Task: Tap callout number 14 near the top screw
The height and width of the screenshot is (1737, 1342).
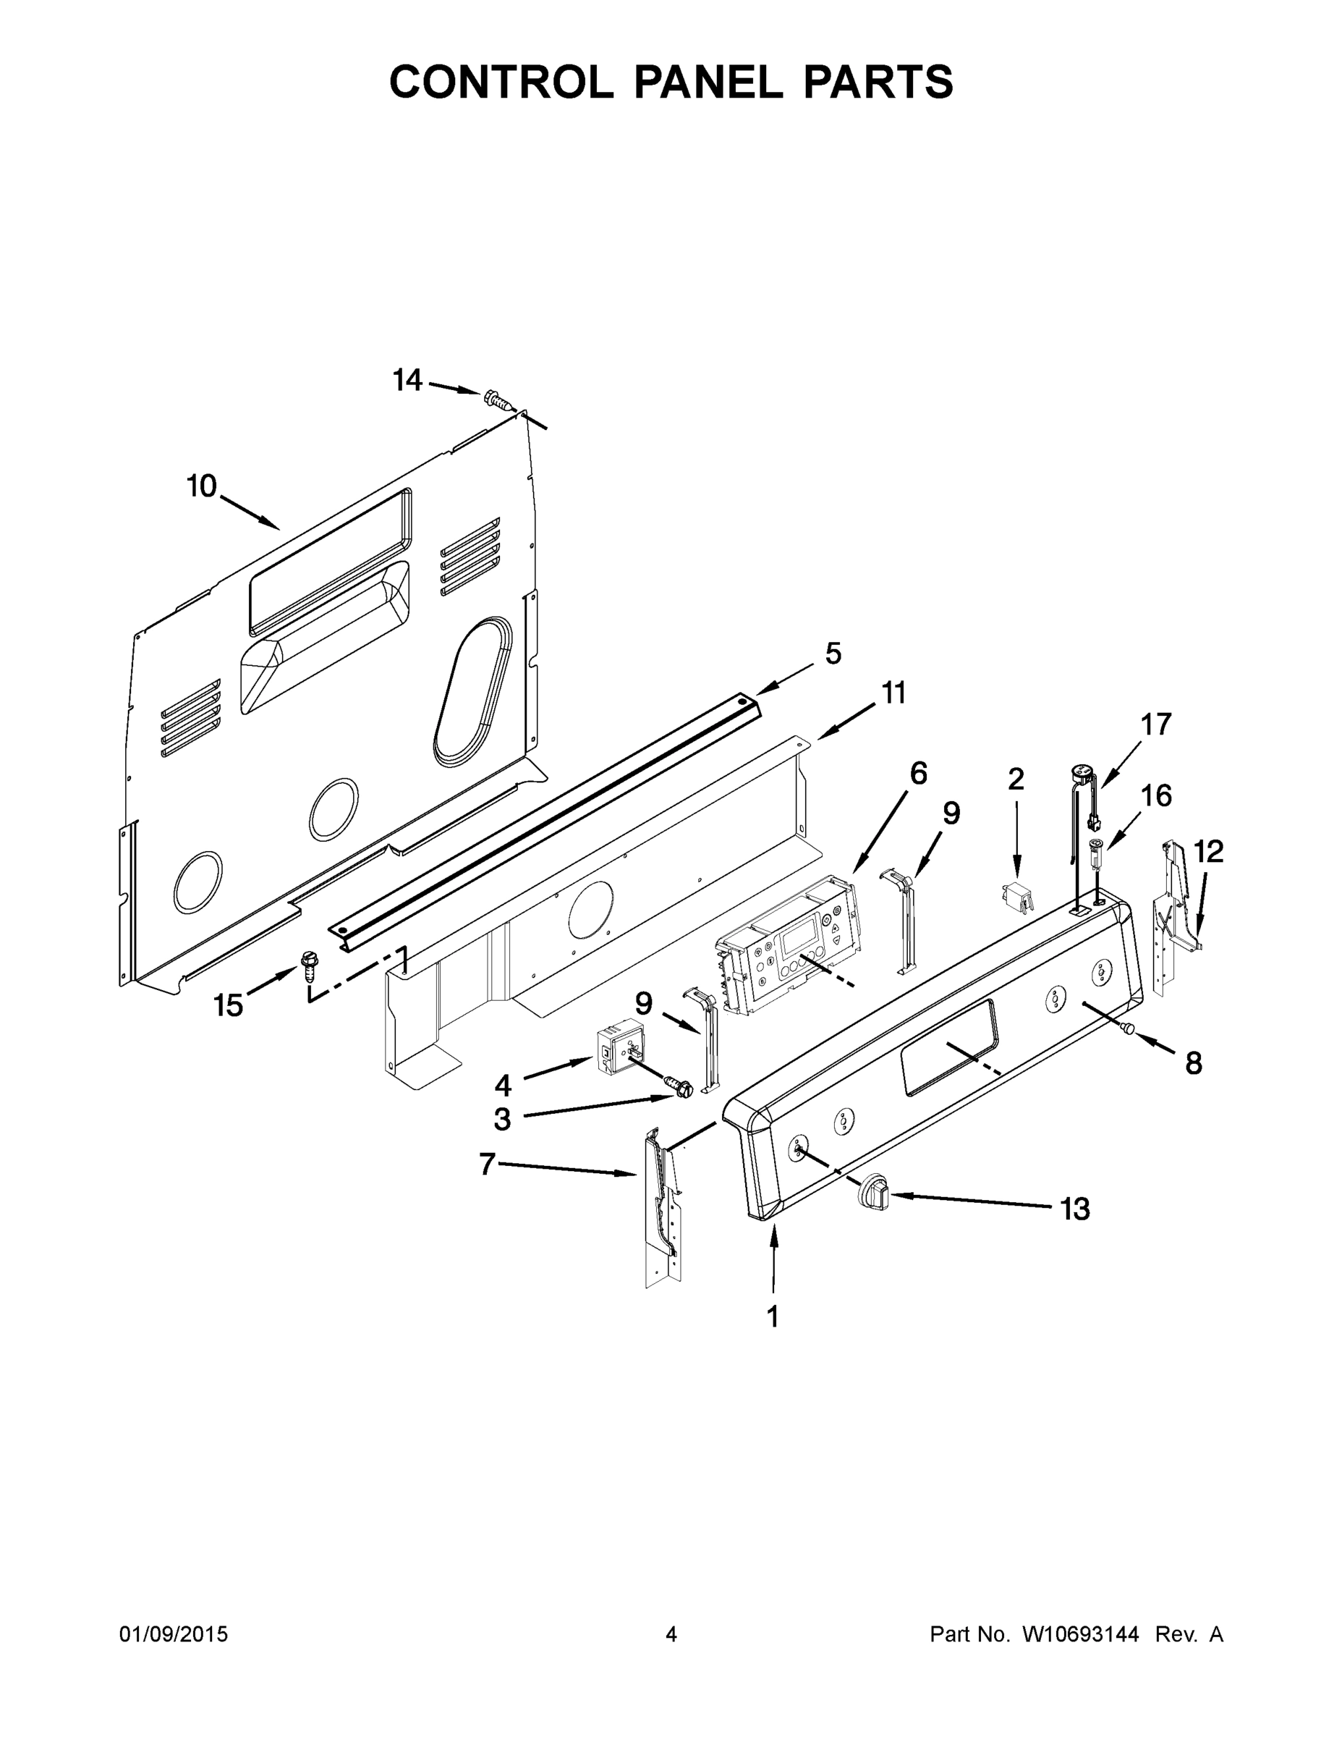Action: tap(407, 381)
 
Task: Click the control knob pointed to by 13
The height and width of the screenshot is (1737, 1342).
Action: tap(873, 1191)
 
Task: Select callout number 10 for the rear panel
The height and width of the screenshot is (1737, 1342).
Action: tap(202, 485)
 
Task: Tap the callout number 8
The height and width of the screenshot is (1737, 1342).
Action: tap(1192, 1062)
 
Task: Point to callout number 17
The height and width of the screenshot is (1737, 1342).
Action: tap(1155, 724)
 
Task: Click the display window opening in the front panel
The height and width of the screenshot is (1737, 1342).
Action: tap(948, 1048)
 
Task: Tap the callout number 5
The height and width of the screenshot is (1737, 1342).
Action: tap(833, 654)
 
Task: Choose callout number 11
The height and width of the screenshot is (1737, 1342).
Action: tap(893, 693)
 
